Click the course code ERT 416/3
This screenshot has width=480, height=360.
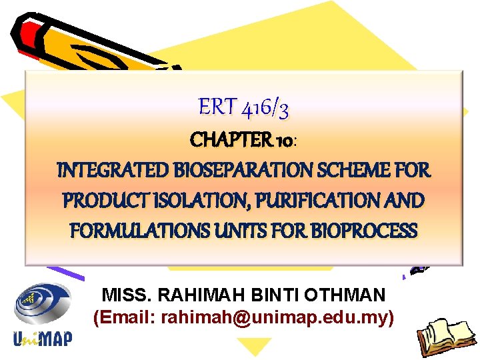pos(243,107)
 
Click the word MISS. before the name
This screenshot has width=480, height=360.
pos(123,294)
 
